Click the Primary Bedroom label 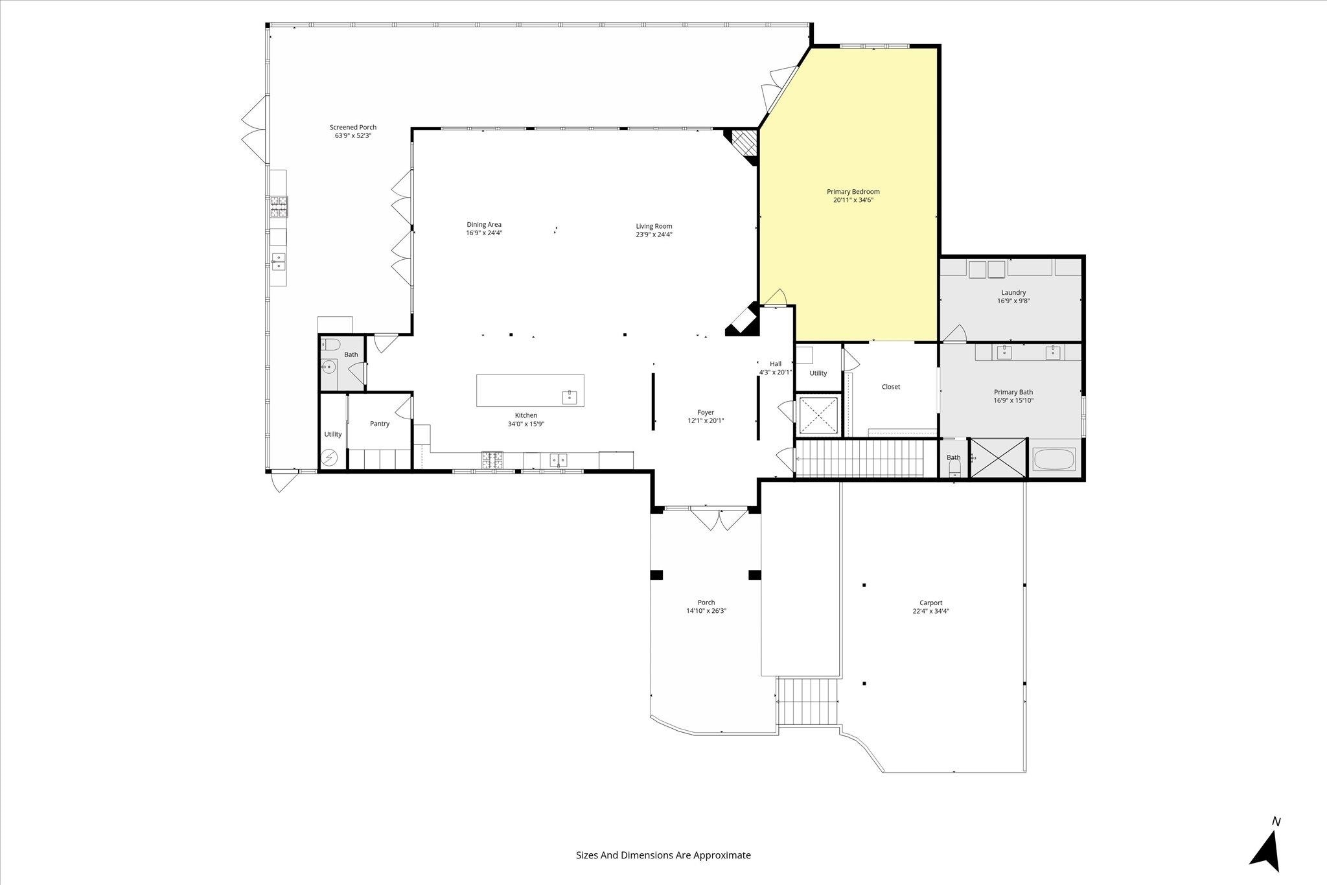[853, 192]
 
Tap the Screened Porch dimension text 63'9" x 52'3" [353, 136]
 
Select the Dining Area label [484, 225]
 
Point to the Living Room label [654, 226]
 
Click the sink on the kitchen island [570, 397]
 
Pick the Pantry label [380, 424]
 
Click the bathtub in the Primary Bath [1054, 460]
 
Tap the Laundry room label [1013, 293]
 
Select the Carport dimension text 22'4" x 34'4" [930, 611]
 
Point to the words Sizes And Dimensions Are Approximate [663, 855]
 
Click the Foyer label [706, 412]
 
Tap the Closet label [891, 387]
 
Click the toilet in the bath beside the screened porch [329, 344]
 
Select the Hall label [776, 364]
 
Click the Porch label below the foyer [706, 603]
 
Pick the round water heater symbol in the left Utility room [330, 458]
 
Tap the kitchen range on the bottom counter [492, 459]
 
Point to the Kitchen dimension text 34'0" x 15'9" [526, 424]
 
